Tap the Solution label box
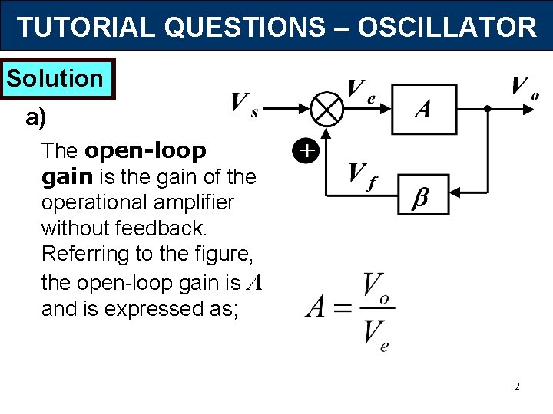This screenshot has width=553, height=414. (x=55, y=78)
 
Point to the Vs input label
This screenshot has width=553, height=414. (x=244, y=105)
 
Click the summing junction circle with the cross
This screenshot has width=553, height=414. (x=328, y=109)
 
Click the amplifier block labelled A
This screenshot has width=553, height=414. (x=423, y=109)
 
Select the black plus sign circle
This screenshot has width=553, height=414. (x=306, y=152)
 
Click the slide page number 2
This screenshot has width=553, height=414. (x=516, y=387)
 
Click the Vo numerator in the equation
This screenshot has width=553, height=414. (x=376, y=289)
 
